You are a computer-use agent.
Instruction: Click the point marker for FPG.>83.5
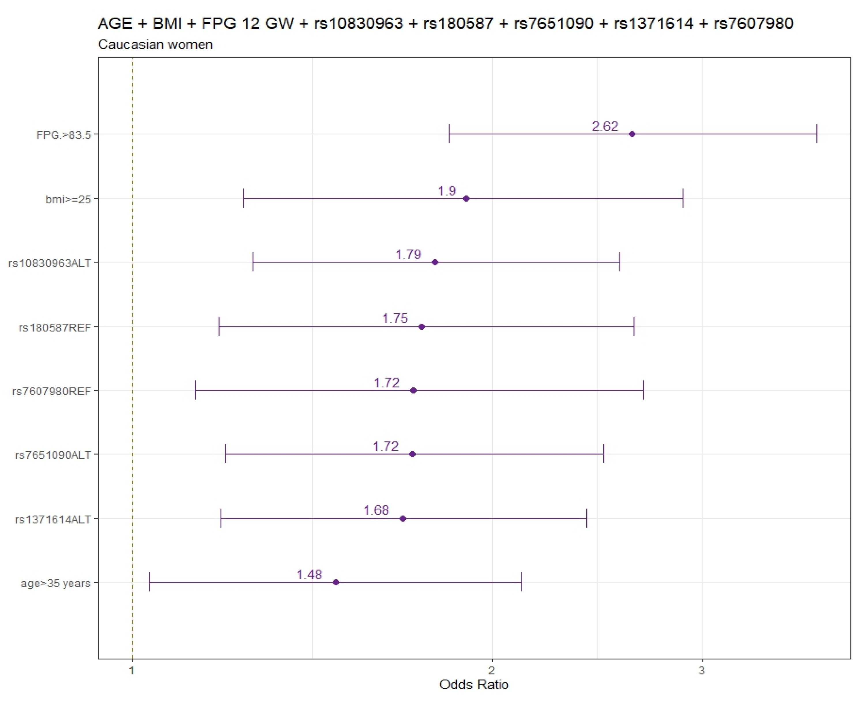tap(632, 134)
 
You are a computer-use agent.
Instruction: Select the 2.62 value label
tap(605, 126)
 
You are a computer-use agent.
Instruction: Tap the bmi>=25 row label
tap(68, 199)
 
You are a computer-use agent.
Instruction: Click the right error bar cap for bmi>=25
tap(683, 198)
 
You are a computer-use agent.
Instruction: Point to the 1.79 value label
tap(408, 254)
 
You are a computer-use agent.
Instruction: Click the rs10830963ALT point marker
tap(435, 263)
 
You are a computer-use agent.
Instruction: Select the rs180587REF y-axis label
tap(55, 327)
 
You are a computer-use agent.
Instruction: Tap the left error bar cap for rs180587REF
tap(219, 326)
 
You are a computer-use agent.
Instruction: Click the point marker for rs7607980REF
tap(413, 391)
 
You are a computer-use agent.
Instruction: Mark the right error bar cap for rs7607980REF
tap(643, 390)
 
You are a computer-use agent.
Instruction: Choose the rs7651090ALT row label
tap(53, 455)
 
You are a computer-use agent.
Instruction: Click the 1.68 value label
tap(376, 510)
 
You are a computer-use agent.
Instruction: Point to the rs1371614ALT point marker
tap(402, 518)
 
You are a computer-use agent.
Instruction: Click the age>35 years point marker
tap(336, 582)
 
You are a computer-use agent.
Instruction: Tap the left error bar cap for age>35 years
tap(149, 582)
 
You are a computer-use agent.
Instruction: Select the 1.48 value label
tap(309, 575)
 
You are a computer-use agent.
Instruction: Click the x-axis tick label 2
tap(492, 671)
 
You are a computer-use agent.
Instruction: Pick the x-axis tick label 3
tap(702, 671)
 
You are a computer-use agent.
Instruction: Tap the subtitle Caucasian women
tap(155, 44)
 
